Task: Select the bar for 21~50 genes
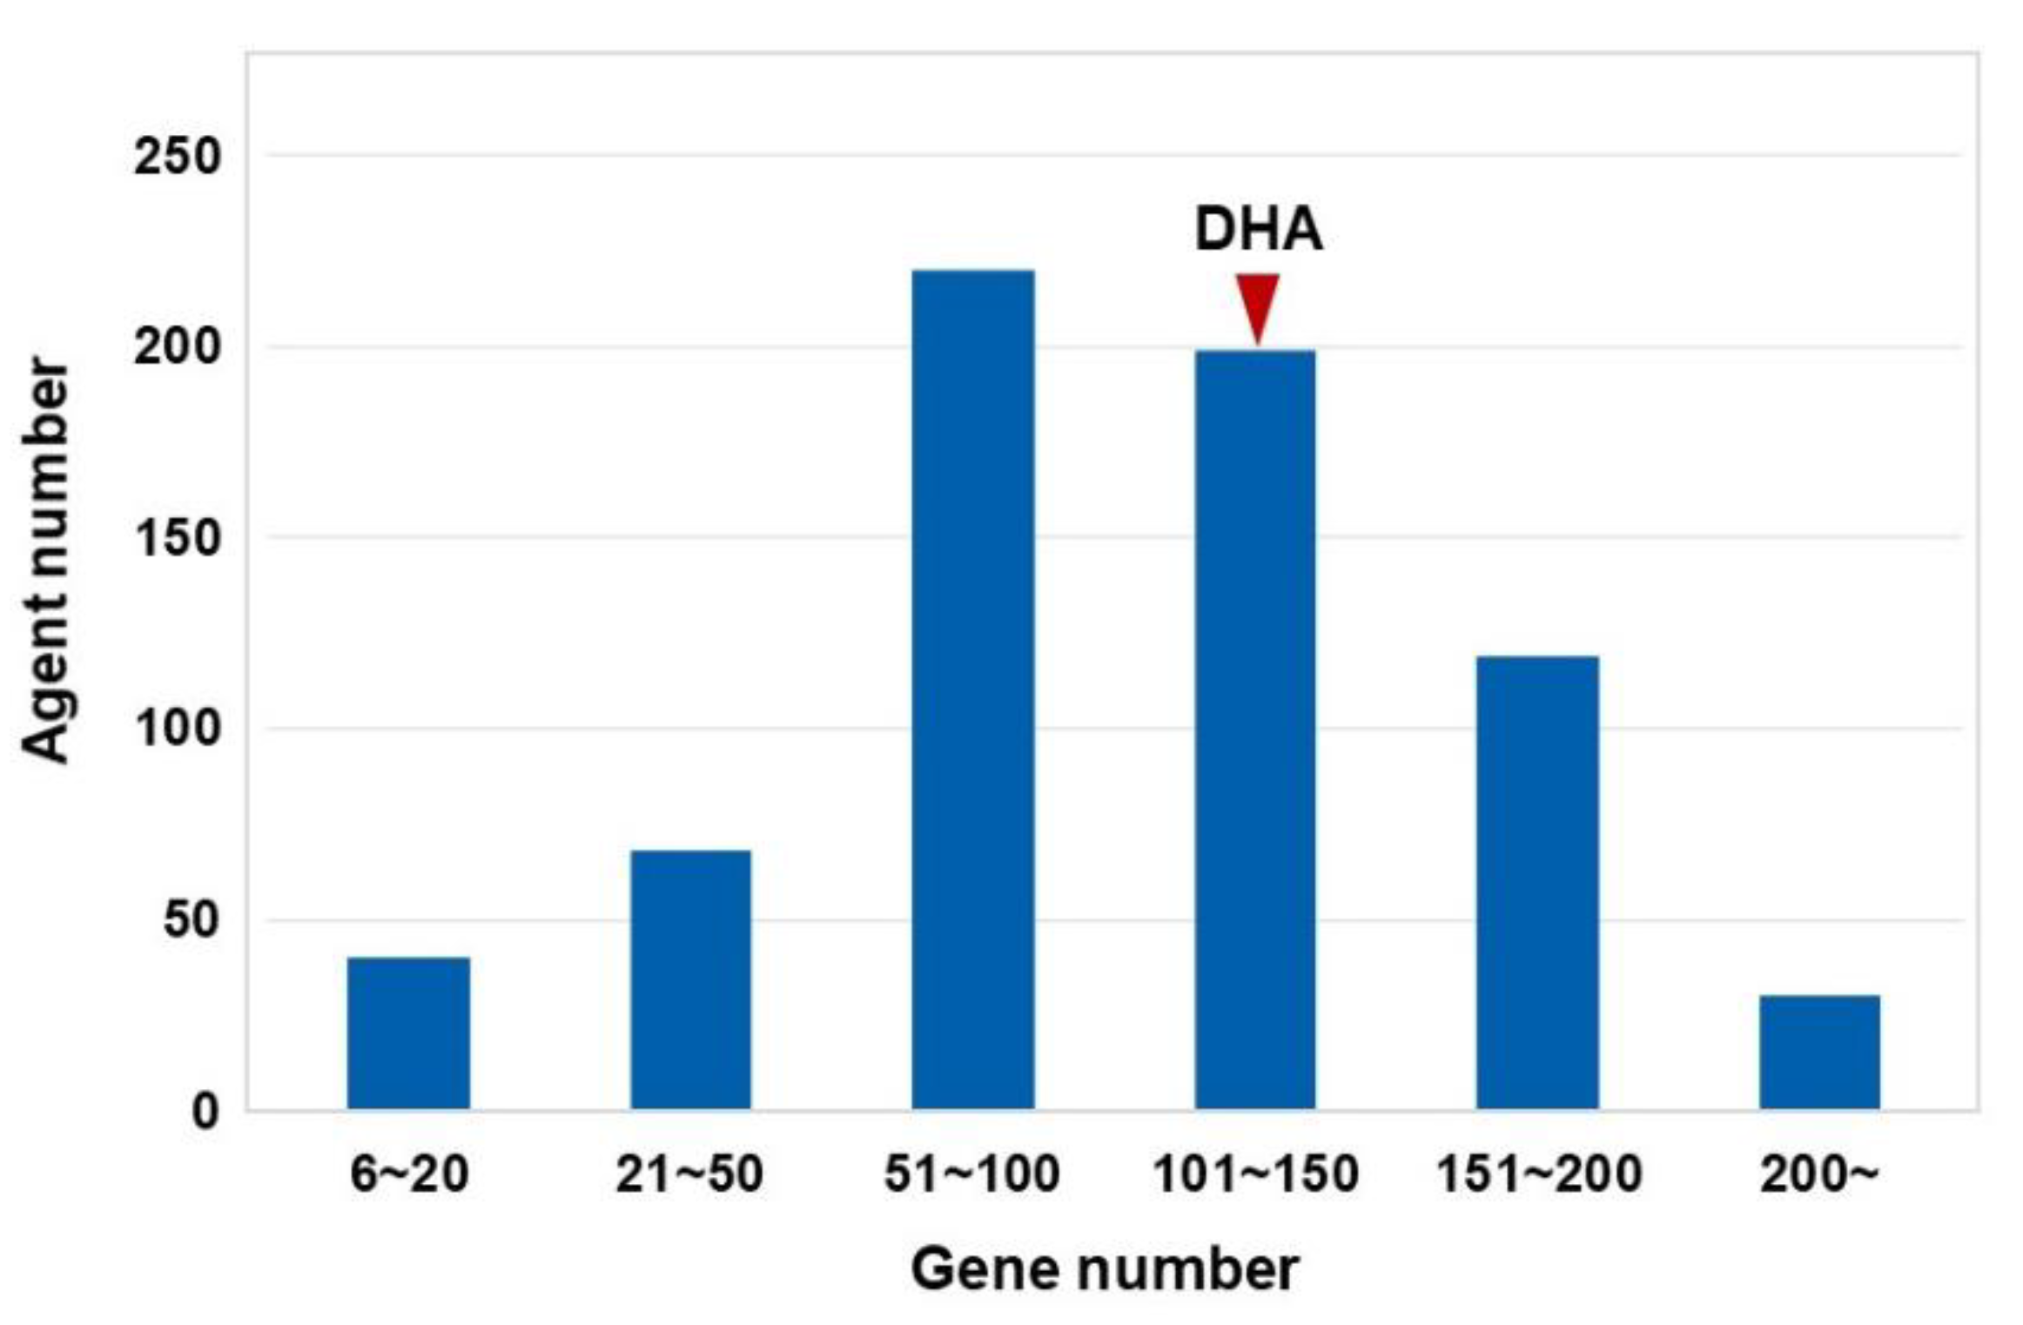[690, 979]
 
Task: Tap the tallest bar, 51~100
[972, 689]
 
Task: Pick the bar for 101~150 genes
[1254, 730]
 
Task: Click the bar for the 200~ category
[1819, 1052]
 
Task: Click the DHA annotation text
[1258, 230]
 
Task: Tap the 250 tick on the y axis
[178, 158]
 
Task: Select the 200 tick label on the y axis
[178, 348]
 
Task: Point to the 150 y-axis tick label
[178, 538]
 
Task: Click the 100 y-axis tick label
[178, 729]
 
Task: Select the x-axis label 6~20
[408, 1174]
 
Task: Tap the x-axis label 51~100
[971, 1174]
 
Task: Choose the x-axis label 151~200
[1538, 1174]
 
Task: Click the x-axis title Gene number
[1104, 1270]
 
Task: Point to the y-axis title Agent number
[45, 560]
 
